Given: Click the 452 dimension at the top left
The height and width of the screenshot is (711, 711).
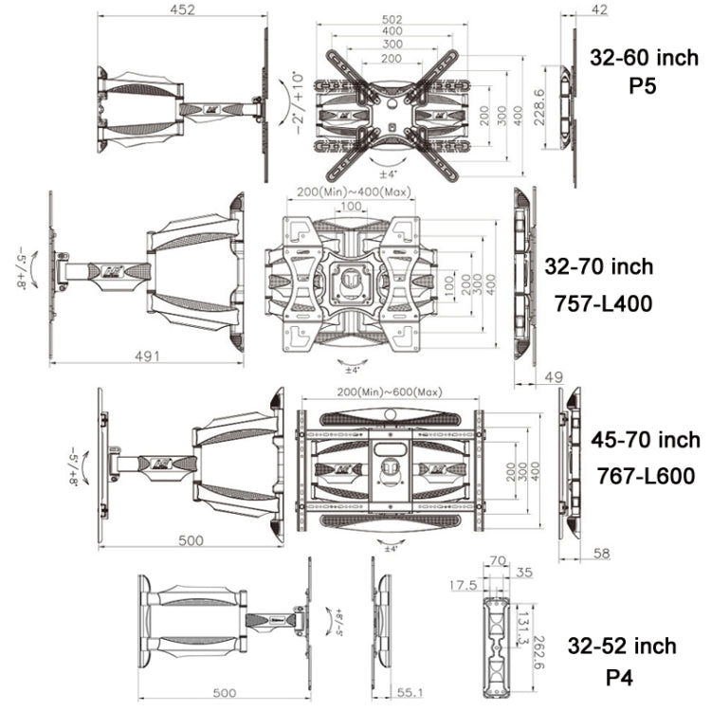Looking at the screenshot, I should point(182,10).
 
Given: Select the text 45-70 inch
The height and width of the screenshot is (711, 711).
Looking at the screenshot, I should point(646,440).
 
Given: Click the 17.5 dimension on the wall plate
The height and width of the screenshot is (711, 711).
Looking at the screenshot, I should point(463,585).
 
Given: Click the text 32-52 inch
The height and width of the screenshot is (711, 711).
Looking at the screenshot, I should point(622,647).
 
